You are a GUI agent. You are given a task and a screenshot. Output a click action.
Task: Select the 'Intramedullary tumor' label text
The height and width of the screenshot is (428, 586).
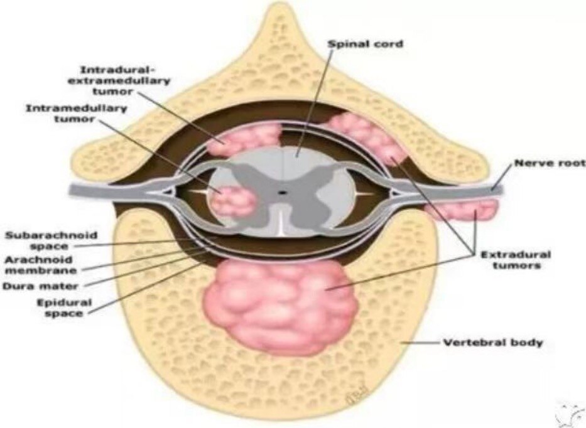(76, 114)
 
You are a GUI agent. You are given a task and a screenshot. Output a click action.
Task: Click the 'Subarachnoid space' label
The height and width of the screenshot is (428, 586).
(52, 241)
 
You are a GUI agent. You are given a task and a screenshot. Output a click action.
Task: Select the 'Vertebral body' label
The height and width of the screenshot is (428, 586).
(493, 343)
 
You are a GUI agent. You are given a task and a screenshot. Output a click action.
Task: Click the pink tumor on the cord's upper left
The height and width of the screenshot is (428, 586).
(245, 138)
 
